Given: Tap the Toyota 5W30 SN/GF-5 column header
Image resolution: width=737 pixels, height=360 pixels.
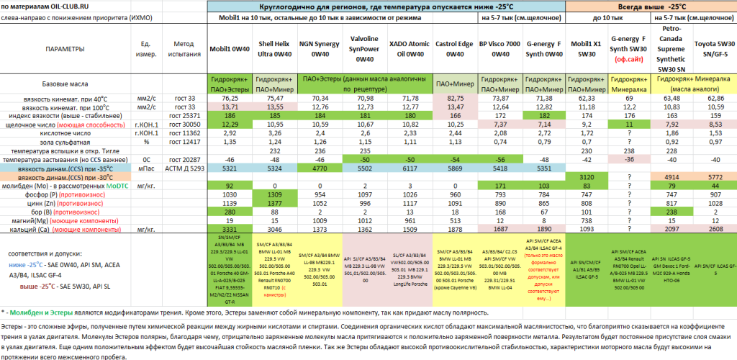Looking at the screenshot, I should pyautogui.click(x=715, y=48).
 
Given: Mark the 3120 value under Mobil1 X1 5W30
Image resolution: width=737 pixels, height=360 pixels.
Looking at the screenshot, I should pyautogui.click(x=587, y=177).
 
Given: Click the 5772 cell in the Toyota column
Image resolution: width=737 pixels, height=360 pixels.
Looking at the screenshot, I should pyautogui.click(x=715, y=177).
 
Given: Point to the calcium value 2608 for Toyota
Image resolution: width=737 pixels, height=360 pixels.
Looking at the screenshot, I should pyautogui.click(x=715, y=230).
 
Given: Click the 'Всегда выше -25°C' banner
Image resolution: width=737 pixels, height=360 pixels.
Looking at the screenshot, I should pyautogui.click(x=652, y=6).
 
